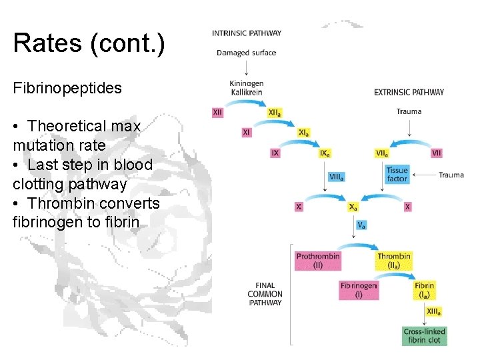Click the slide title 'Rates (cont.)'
89,44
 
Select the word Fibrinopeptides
67,88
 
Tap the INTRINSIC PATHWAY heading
247,33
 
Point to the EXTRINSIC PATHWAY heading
409,93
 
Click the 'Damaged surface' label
247,53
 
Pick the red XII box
217,113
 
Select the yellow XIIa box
274,113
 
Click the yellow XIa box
303,133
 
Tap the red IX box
275,153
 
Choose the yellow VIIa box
383,153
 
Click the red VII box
437,153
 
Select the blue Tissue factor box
397,175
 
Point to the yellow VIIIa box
337,177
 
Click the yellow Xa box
353,207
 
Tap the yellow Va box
361,225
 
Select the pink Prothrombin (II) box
318,261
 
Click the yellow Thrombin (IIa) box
394,261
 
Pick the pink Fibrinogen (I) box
359,289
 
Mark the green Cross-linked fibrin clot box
425,335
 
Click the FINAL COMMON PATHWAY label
265,294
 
